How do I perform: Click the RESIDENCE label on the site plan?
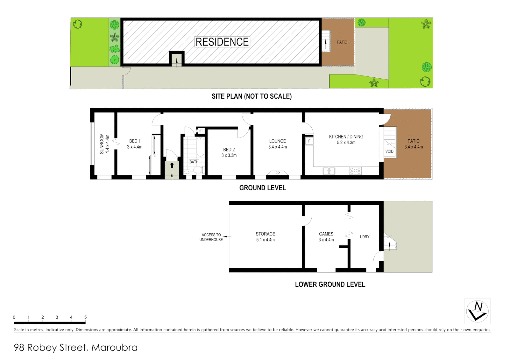point(222,42)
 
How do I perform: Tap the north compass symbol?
point(477,311)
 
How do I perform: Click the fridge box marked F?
point(309,141)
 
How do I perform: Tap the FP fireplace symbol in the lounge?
point(277,173)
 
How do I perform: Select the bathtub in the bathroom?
point(200,147)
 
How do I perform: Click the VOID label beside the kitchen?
point(389,151)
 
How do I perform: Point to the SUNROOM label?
point(102,144)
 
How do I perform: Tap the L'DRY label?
point(364,237)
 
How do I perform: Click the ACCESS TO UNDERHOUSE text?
point(211,237)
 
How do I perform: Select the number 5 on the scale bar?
point(85,317)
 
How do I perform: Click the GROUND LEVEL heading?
point(262,188)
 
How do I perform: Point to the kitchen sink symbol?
point(329,171)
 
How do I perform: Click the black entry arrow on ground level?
point(172,165)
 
